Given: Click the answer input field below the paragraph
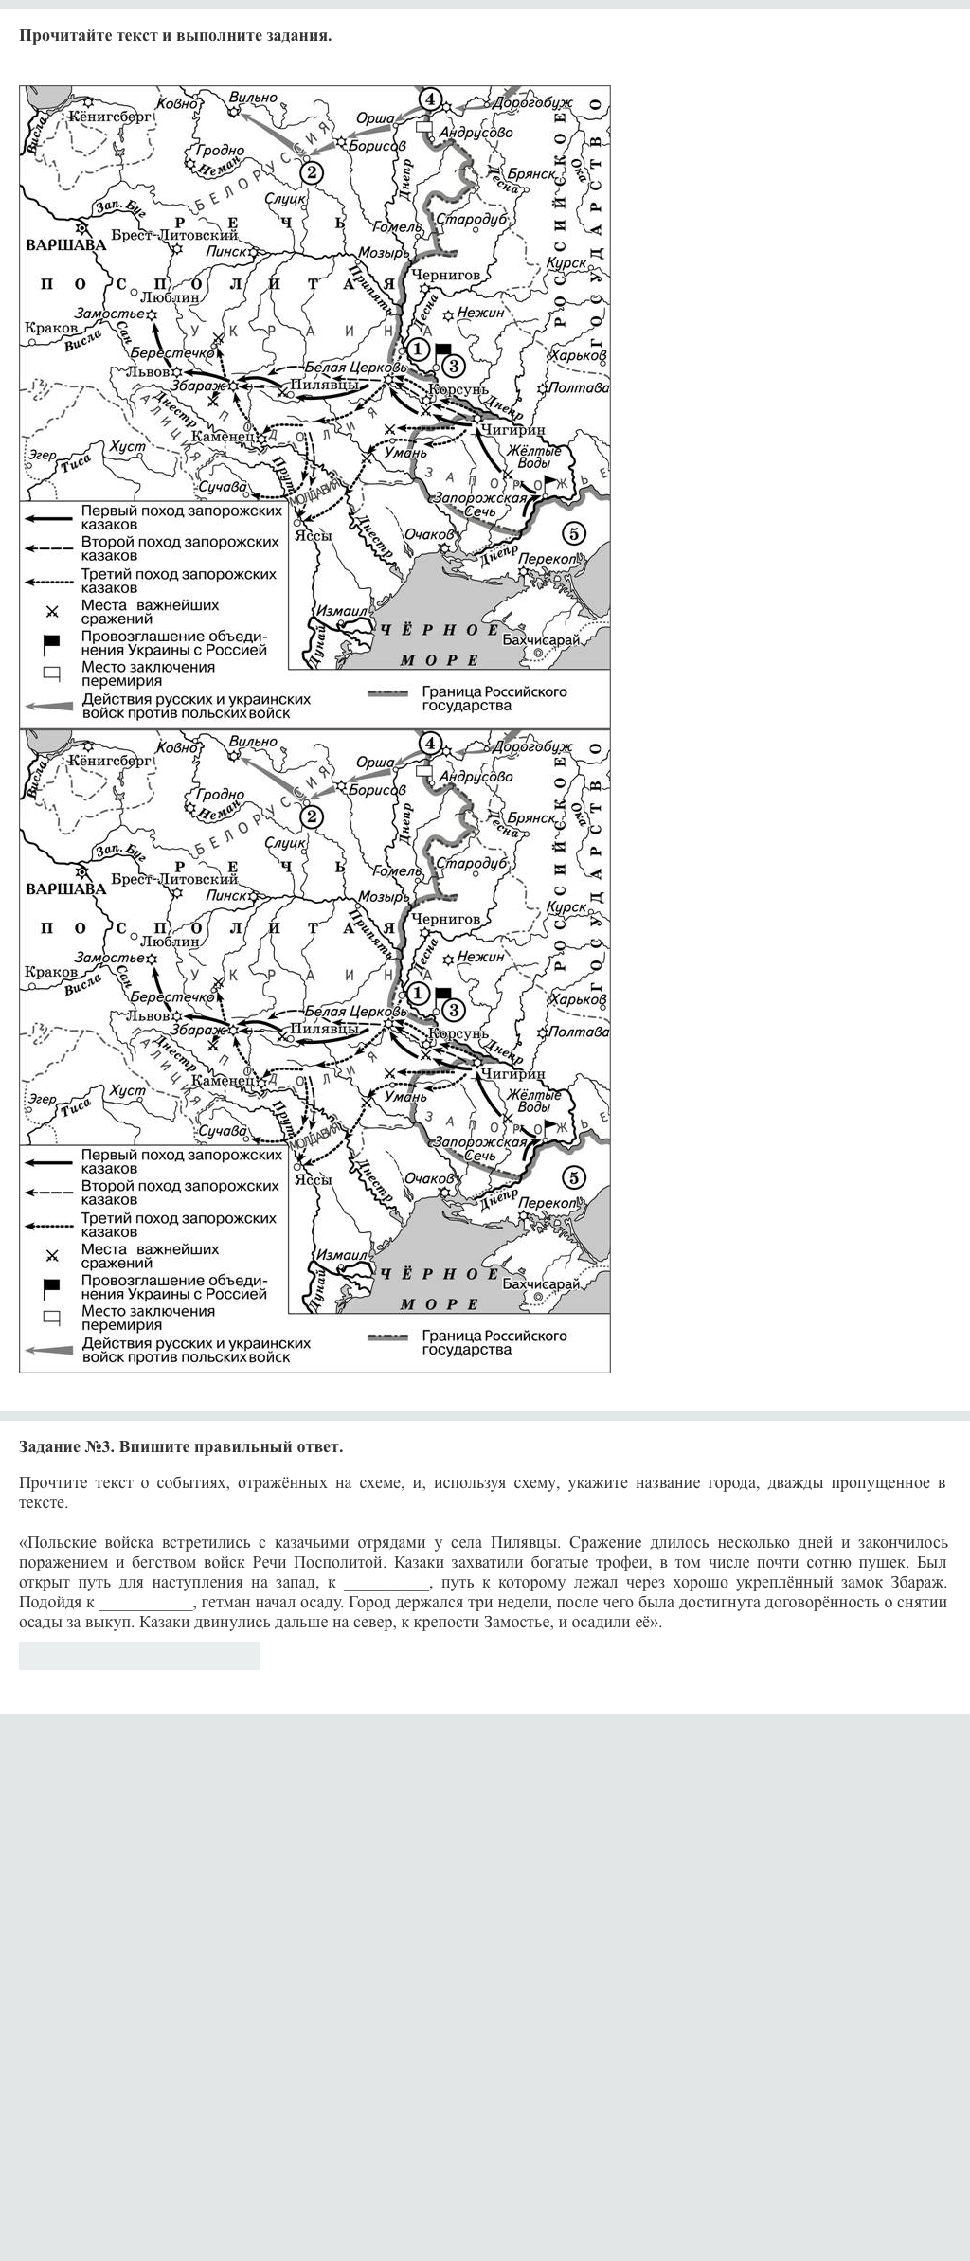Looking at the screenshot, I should click(x=138, y=1656).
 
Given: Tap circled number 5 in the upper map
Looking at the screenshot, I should click(x=573, y=533).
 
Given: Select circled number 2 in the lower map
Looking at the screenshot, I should click(x=311, y=816).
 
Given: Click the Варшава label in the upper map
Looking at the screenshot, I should click(x=65, y=244).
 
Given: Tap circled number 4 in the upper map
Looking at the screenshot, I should click(x=430, y=99).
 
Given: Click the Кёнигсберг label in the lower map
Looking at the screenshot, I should click(x=109, y=760).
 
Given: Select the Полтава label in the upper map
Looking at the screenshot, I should click(x=578, y=387).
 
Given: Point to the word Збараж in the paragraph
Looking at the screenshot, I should click(x=916, y=1582).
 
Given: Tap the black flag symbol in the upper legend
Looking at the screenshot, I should click(x=52, y=643).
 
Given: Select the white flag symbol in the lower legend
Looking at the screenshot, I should click(x=52, y=1318).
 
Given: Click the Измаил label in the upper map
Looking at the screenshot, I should click(x=341, y=612).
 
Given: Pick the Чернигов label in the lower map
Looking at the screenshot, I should click(x=445, y=918).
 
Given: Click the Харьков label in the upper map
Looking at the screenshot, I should click(x=577, y=355).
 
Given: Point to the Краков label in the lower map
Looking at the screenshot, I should click(x=51, y=972).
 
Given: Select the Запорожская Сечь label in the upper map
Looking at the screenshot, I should click(x=479, y=504).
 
